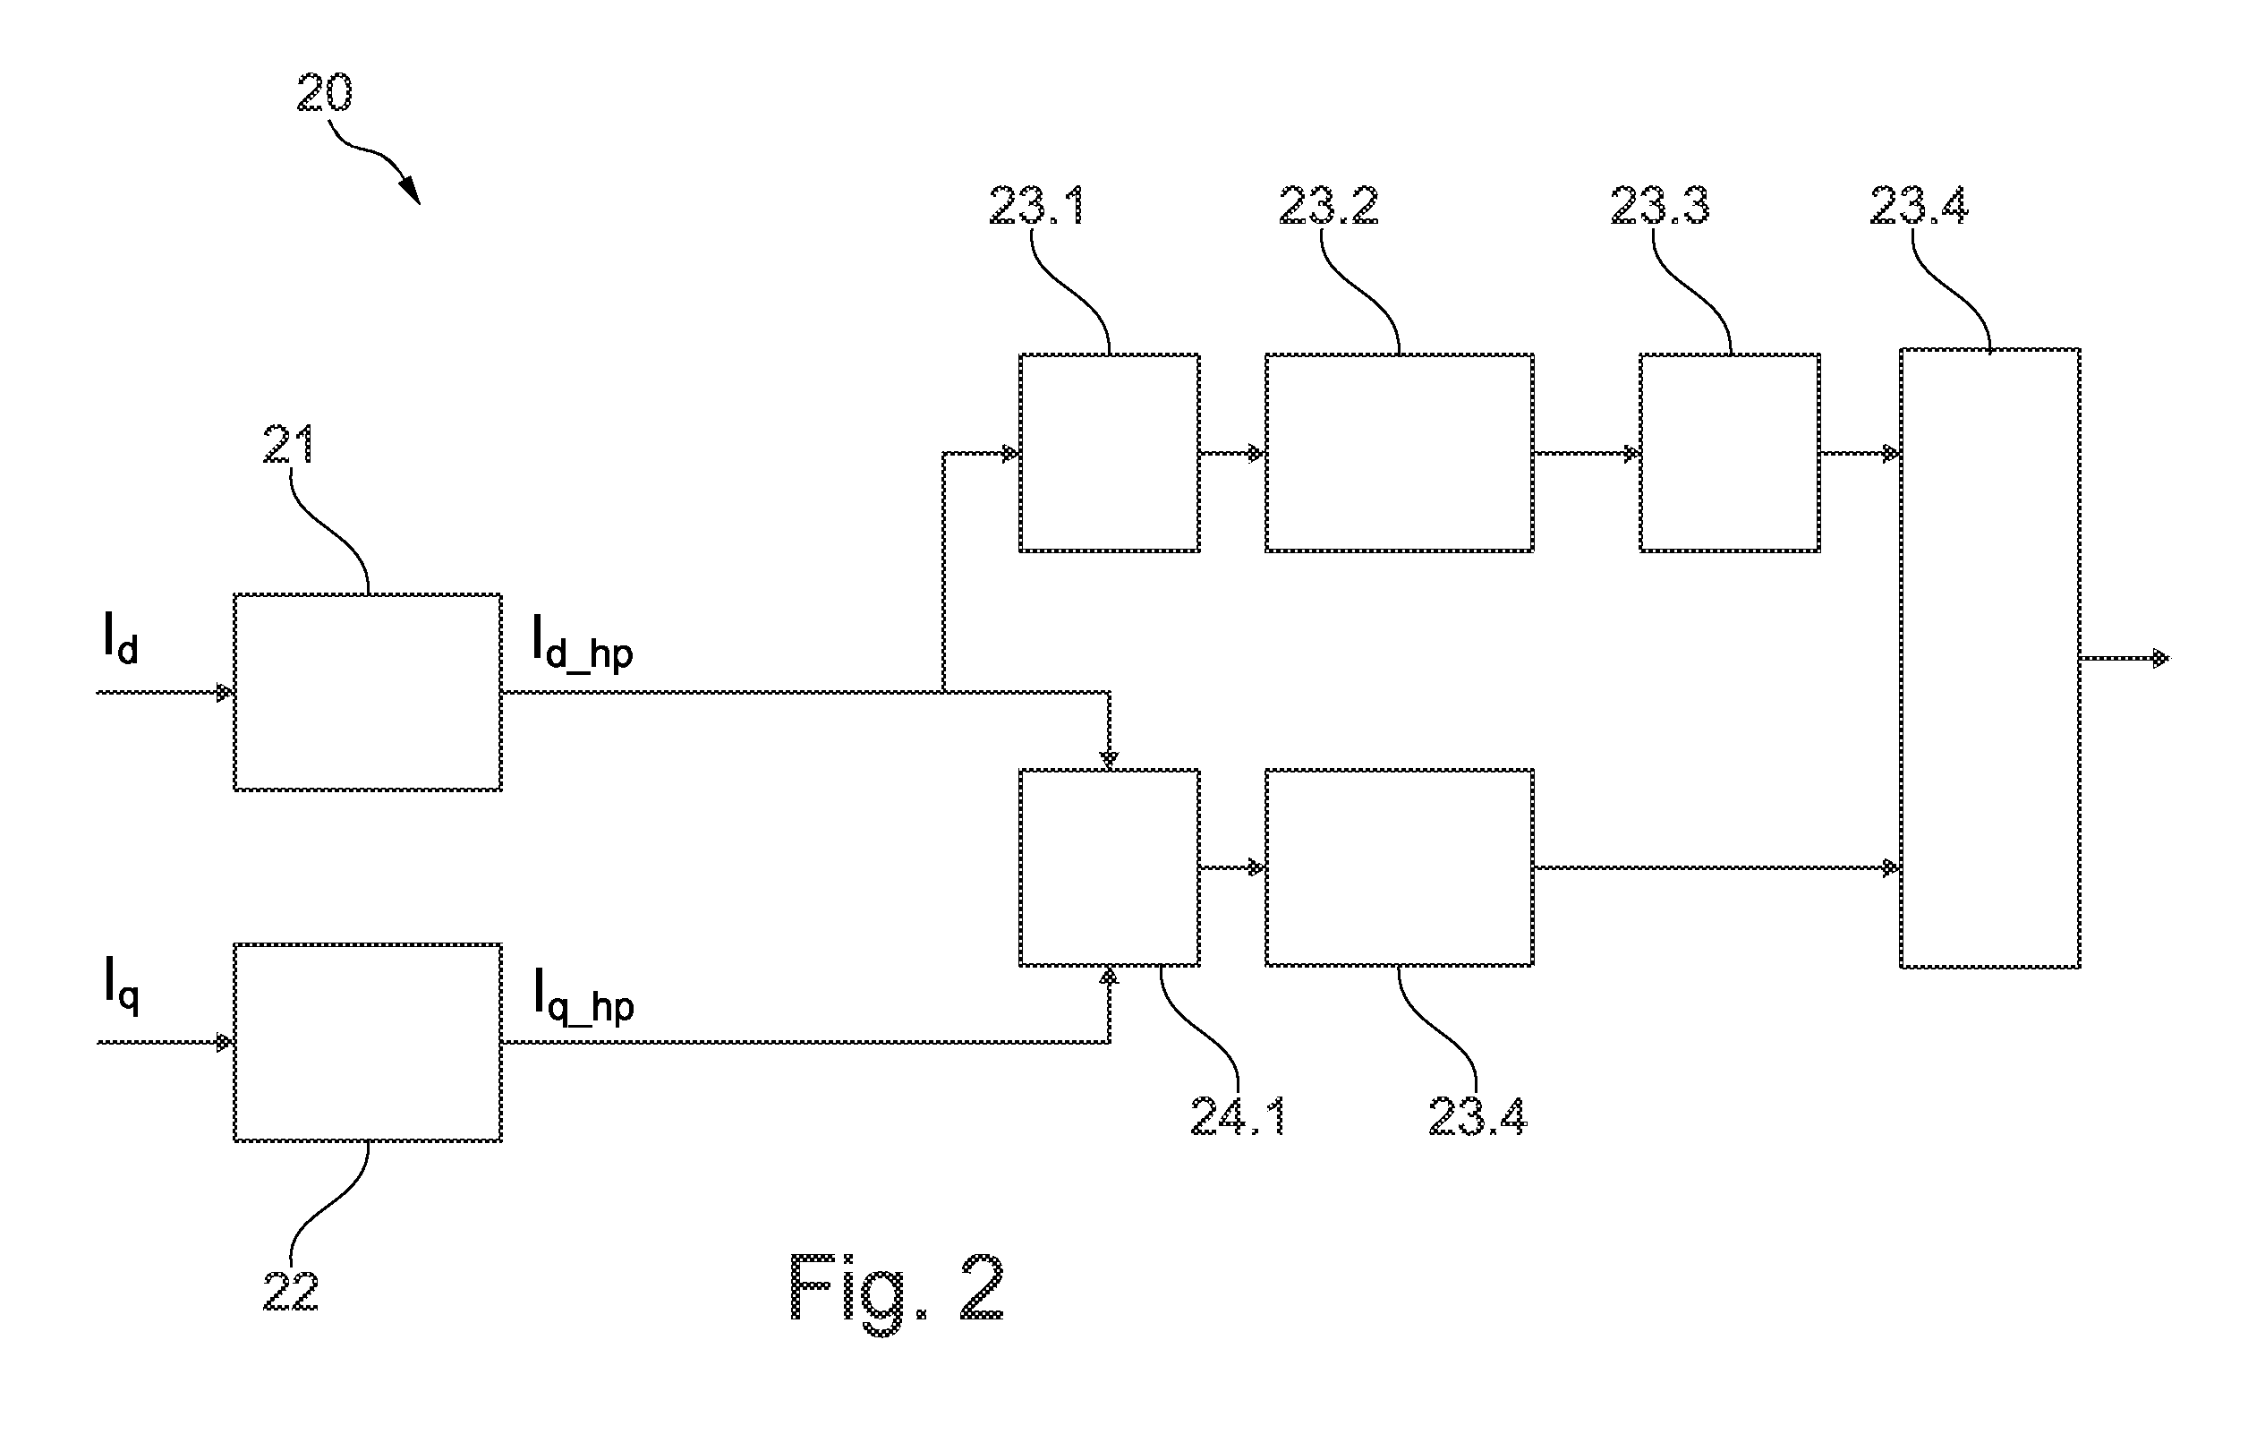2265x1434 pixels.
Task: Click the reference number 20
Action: click(325, 93)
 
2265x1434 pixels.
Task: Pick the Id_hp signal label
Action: click(583, 642)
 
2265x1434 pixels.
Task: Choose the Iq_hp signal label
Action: click(583, 994)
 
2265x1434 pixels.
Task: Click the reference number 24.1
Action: click(1238, 1117)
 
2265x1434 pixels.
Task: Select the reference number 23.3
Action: click(1660, 205)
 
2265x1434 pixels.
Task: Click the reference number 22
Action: click(291, 1291)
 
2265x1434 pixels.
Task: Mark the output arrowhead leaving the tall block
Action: click(2161, 658)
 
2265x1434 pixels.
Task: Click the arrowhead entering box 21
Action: click(226, 693)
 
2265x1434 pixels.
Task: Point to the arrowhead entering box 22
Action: click(226, 1043)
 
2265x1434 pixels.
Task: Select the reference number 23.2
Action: click(1328, 205)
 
